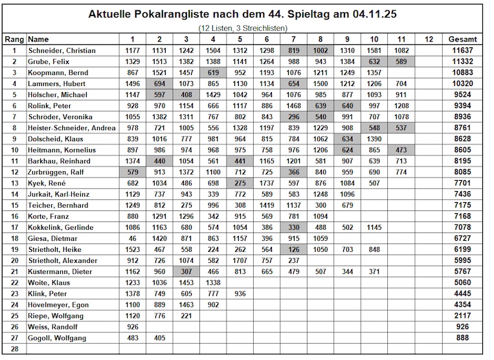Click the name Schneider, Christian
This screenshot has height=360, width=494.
62,51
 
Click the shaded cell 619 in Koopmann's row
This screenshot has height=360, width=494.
214,72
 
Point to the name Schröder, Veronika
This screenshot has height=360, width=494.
61,117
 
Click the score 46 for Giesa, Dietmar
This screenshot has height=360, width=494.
133,238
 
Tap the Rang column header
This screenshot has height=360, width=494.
14,39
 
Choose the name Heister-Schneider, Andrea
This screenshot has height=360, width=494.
71,128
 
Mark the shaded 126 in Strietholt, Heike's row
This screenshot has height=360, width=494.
293,250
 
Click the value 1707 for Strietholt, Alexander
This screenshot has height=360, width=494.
240,261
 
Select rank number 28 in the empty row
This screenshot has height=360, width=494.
14,349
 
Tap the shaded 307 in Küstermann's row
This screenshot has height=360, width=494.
187,272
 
